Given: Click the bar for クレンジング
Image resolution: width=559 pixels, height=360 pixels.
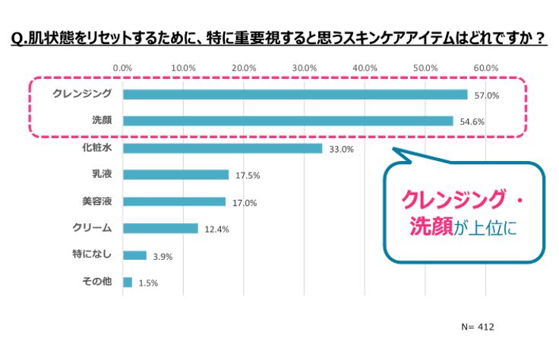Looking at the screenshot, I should coord(295,95).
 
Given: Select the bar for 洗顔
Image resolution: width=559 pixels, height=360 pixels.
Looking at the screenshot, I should coord(288,121).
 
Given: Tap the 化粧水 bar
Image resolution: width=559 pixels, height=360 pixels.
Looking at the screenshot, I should coord(223,148).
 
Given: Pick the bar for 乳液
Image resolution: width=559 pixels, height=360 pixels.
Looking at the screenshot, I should coord(175,175).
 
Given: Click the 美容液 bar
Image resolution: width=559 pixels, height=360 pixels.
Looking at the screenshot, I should coord(174,202).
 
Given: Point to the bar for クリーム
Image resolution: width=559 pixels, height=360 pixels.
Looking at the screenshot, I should coord(160,229).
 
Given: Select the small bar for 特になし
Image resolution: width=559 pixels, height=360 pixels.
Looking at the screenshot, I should coord(134,256).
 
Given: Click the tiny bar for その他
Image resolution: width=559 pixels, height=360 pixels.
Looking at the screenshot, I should coord(128,283).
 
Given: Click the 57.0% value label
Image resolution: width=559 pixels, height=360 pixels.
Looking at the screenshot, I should coord(487,96).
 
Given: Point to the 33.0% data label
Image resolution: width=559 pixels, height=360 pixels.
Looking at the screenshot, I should coord(342,149).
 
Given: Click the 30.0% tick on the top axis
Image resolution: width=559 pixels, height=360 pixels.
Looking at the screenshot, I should coord(304,68).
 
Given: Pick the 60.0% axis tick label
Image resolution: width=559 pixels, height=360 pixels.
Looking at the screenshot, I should coord(485,68).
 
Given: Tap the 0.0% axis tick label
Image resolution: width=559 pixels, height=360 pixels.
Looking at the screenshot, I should coord(123,68).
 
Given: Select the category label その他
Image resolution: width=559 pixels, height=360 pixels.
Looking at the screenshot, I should coord(96,282).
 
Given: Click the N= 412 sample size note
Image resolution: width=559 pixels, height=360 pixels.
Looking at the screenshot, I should coord(477,327).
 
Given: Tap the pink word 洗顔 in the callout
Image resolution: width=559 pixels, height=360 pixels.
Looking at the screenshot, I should coord(431,226).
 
